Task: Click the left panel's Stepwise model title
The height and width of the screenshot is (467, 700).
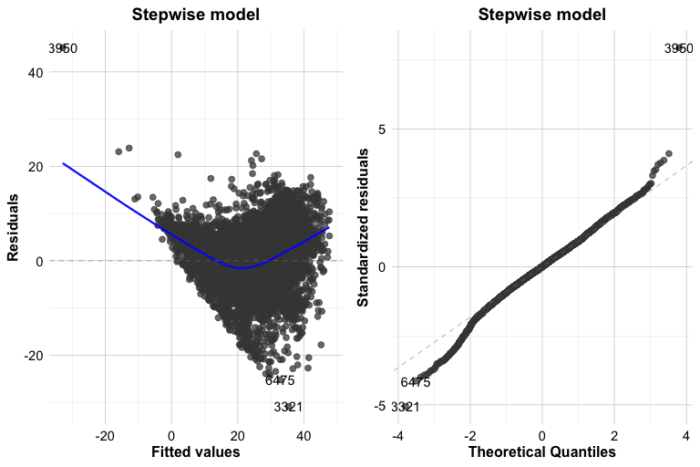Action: pyautogui.click(x=195, y=15)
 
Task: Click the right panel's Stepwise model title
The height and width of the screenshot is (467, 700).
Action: pyautogui.click(x=542, y=15)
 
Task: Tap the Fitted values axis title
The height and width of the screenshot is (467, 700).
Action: pyautogui.click(x=196, y=452)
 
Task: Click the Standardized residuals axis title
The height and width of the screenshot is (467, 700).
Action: pyautogui.click(x=363, y=228)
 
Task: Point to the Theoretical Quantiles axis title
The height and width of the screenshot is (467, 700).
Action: pyautogui.click(x=542, y=452)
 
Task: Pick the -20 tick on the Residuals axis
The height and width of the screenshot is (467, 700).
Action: pyautogui.click(x=32, y=355)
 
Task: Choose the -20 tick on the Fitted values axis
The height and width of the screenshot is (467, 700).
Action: pyautogui.click(x=105, y=435)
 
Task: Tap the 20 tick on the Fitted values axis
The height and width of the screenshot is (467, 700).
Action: pyautogui.click(x=237, y=435)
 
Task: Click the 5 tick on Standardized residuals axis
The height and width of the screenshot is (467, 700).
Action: pyautogui.click(x=382, y=129)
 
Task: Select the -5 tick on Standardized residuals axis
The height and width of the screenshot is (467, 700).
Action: pyautogui.click(x=379, y=405)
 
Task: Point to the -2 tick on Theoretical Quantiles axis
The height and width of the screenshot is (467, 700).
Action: pyautogui.click(x=469, y=435)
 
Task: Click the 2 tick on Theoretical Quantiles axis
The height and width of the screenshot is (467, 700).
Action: pyautogui.click(x=614, y=435)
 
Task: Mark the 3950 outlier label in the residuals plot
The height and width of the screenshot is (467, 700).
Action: pyautogui.click(x=63, y=48)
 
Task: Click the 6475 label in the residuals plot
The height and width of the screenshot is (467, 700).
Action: pyautogui.click(x=280, y=380)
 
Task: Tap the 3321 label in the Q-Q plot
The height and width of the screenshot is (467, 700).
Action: pyautogui.click(x=406, y=407)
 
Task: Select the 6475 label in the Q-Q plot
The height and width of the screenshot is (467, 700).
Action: pyautogui.click(x=416, y=382)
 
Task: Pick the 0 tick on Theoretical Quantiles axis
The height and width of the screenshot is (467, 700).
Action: pyautogui.click(x=542, y=435)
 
